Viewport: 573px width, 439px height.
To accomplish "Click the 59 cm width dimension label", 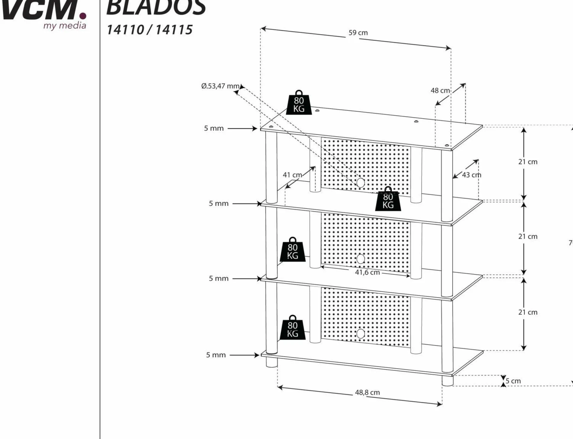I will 358,33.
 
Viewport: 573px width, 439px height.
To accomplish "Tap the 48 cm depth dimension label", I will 440,91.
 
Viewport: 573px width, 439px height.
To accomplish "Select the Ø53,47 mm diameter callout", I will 220,86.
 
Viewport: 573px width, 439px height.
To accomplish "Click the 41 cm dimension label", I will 292,175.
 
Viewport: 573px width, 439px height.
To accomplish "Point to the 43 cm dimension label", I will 471,175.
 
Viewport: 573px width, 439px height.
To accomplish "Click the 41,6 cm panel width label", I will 367,272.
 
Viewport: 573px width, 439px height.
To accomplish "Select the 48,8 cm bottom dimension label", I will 367,392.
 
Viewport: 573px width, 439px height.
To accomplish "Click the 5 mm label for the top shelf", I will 214,128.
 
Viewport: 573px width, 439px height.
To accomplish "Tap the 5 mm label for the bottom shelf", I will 216,355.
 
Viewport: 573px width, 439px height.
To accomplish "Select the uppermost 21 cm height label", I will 528,162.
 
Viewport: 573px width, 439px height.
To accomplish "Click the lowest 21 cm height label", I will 528,312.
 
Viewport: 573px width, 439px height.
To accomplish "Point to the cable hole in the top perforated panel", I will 360,183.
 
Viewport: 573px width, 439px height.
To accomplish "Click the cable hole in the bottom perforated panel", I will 360,334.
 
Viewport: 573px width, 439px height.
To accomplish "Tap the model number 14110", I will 125,30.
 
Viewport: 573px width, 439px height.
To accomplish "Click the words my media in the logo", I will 65,26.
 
